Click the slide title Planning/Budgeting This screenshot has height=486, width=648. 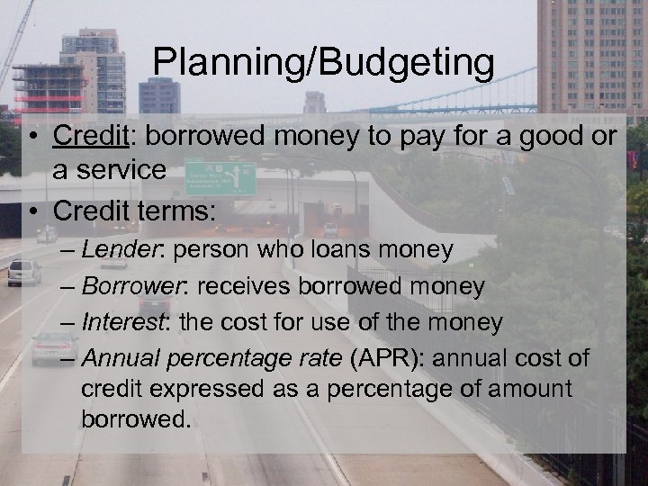pos(323,63)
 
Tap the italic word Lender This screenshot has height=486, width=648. pos(117,249)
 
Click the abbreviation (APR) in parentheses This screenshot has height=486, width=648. pos(385,357)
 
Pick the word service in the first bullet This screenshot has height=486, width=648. pos(122,170)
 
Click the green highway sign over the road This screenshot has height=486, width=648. pos(220,178)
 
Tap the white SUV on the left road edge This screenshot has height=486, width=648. pos(24,272)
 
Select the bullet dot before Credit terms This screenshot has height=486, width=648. pos(31,212)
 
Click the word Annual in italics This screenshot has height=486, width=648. pos(121,357)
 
